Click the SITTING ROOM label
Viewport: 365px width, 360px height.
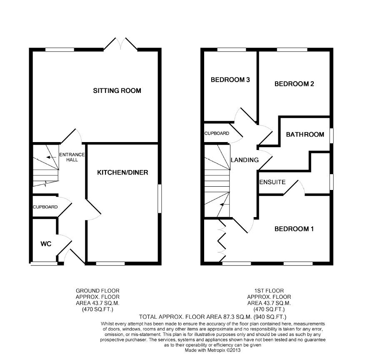[x=117, y=90]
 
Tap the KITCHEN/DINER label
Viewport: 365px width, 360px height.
[x=122, y=172]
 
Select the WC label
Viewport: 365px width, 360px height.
[x=46, y=244]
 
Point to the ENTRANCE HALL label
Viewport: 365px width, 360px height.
[x=72, y=157]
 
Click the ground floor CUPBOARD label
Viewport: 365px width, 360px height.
[x=45, y=207]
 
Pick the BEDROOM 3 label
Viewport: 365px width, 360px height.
[x=230, y=80]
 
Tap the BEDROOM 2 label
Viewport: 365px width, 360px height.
[x=294, y=84]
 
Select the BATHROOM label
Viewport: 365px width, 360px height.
[x=305, y=135]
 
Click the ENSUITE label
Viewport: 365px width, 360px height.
[x=272, y=182]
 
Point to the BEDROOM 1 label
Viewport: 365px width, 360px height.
[x=294, y=229]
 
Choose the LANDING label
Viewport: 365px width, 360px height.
[x=245, y=160]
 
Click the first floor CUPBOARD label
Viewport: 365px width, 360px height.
[x=217, y=133]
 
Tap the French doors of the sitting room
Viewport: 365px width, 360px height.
[x=120, y=44]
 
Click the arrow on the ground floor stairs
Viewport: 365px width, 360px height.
[x=51, y=157]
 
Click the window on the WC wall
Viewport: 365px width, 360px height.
[x=44, y=263]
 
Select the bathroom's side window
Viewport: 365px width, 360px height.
[x=332, y=136]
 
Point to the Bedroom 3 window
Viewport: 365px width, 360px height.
[x=232, y=50]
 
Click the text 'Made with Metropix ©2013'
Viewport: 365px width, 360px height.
[x=212, y=350]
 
